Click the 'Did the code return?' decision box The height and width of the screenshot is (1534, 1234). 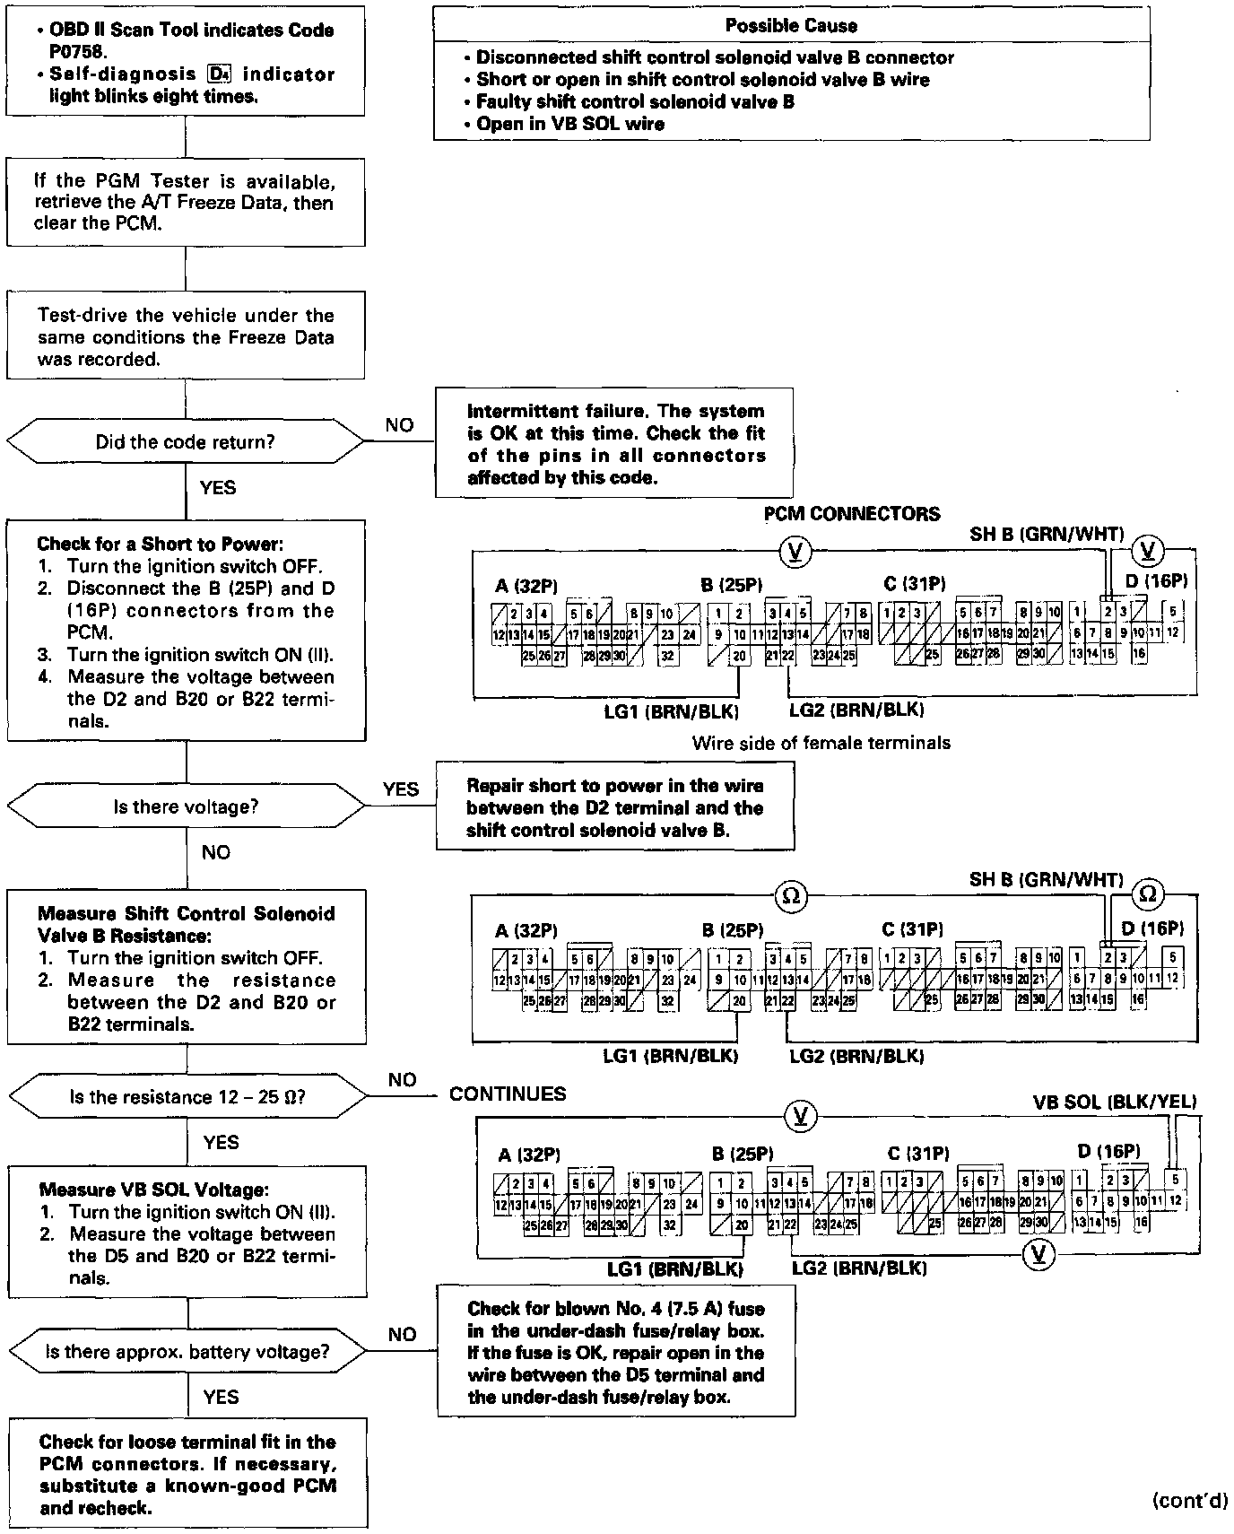pos(186,442)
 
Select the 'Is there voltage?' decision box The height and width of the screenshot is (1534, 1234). pos(186,806)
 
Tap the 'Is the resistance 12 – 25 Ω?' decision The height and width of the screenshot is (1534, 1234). pos(187,1096)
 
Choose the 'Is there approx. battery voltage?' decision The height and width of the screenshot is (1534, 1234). pos(187,1351)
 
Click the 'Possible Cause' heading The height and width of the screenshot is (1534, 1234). pos(791,26)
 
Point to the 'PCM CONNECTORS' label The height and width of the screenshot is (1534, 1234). pos(851,514)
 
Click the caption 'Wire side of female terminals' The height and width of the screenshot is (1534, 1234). pos(821,743)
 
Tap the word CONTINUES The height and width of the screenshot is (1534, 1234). pos(508,1094)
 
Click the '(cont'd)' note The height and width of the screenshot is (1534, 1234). pos(1189,1500)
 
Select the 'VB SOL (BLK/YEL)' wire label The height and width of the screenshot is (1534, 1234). pos(1114,1103)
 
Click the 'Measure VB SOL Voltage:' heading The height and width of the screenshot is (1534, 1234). pos(153,1190)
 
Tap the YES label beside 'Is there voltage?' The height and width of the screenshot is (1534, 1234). pos(400,789)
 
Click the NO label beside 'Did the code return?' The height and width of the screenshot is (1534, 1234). pos(399,425)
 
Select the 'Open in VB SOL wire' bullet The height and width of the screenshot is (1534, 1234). pos(570,125)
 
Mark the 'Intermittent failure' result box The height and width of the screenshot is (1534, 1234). pos(614,443)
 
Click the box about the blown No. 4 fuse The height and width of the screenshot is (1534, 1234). pos(616,1352)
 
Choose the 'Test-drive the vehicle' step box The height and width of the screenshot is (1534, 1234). pos(186,336)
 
